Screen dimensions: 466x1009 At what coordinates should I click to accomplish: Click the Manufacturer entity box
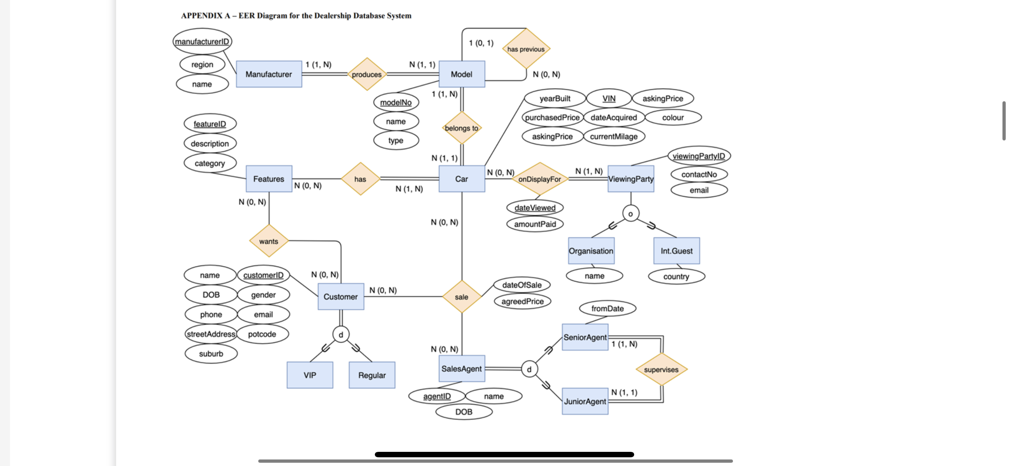[x=269, y=74]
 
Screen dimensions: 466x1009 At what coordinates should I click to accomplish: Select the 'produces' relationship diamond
[x=366, y=74]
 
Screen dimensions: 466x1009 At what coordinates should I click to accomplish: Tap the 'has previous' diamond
[x=526, y=49]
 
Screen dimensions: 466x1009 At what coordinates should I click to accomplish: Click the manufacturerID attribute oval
[x=202, y=41]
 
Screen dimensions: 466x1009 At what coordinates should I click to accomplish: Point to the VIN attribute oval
[x=609, y=98]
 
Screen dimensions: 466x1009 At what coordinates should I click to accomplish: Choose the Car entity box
[x=461, y=179]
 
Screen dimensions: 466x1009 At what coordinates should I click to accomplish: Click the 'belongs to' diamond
[x=461, y=128]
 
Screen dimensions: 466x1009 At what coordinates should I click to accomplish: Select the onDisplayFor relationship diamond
[x=540, y=179]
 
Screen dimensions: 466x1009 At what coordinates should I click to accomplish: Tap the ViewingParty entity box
[x=631, y=179]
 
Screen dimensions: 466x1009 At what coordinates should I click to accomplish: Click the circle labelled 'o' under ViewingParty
[x=631, y=214]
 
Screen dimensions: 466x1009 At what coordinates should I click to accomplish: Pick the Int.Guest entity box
[x=676, y=251]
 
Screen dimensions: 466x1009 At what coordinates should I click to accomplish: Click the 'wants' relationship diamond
[x=269, y=241]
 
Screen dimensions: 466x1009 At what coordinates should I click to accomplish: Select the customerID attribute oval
[x=263, y=275]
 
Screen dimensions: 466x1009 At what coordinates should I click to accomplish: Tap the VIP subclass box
[x=310, y=375]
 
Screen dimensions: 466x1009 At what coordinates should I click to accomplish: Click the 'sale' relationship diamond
[x=461, y=297]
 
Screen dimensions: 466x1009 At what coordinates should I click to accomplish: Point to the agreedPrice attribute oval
[x=523, y=301]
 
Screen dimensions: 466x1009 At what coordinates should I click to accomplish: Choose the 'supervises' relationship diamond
[x=661, y=369]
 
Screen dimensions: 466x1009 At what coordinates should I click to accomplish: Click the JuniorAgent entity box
[x=585, y=401]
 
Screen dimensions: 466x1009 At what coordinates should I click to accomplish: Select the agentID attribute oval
[x=437, y=396]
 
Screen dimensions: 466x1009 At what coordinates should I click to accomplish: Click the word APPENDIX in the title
[x=201, y=16]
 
